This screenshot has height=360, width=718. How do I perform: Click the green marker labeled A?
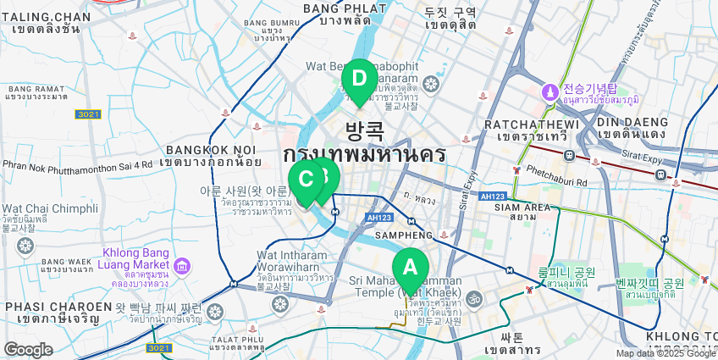(x=410, y=268)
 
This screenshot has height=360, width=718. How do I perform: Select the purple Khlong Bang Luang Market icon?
(x=181, y=268)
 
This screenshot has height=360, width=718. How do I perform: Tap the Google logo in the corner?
(x=28, y=349)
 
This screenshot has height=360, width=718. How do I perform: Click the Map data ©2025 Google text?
(x=665, y=353)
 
